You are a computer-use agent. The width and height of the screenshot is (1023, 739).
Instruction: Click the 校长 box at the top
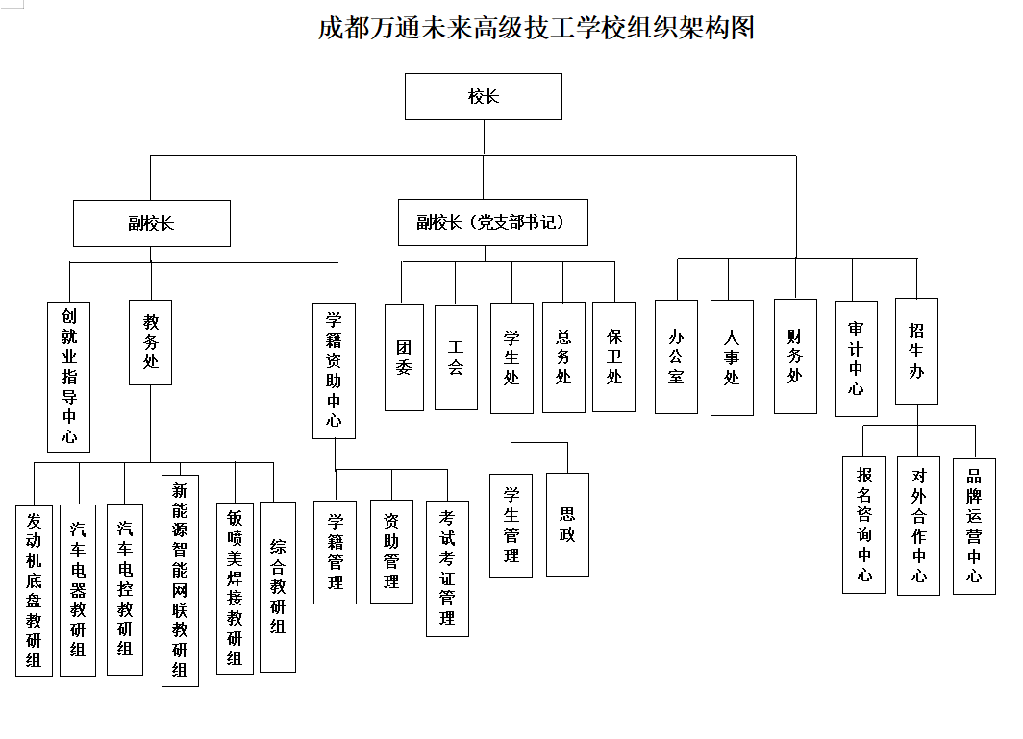pos(484,96)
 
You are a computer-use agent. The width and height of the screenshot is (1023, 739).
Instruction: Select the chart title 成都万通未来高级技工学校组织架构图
pos(536,27)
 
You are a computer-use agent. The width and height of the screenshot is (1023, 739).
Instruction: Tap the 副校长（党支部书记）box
pos(493,222)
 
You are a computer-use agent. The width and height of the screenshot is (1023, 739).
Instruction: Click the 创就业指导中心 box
pos(69,376)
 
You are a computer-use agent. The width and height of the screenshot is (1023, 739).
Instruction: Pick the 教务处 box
pos(151,342)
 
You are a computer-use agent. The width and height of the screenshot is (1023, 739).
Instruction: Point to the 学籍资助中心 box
pos(334,370)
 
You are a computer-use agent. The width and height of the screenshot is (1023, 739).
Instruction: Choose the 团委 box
pos(404,357)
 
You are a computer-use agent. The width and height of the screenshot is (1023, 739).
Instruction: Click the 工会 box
pos(456,357)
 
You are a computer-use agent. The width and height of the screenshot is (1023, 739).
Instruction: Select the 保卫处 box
pos(613,357)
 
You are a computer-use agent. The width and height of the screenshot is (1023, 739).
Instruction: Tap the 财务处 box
pos(795,356)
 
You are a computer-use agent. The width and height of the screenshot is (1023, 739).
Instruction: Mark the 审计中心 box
pos(856,357)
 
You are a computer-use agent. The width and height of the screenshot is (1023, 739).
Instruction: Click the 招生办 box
pos(916,351)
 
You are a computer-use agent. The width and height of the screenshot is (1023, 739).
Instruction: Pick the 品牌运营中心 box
pos(974,526)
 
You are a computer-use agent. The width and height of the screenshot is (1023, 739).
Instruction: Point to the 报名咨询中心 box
pos(863,526)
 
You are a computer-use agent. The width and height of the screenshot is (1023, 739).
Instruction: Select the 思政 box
pos(567,524)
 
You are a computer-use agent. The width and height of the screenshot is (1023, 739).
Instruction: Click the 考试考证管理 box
pos(447,568)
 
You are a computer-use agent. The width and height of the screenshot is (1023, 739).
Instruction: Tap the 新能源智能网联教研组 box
pos(180,579)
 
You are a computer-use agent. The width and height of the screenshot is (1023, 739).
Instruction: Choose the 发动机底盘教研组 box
pos(35,590)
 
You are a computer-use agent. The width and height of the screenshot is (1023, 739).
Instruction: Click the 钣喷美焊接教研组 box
pos(235,587)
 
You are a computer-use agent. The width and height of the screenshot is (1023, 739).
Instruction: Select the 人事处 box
pos(732,357)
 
